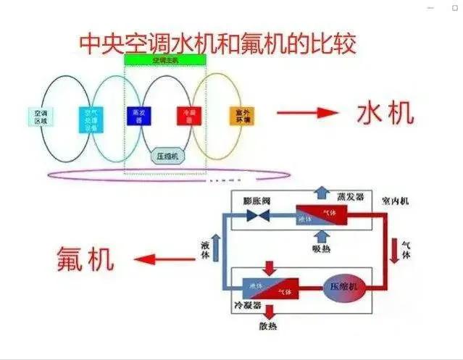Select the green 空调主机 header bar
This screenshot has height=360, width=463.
[x=166, y=59]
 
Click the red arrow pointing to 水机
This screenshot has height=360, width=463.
[x=307, y=112]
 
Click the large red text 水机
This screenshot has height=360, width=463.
[x=385, y=113]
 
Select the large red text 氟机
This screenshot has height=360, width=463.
[x=86, y=259]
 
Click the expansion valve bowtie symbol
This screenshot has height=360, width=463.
[x=257, y=216]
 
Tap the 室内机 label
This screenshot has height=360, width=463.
[x=395, y=198]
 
